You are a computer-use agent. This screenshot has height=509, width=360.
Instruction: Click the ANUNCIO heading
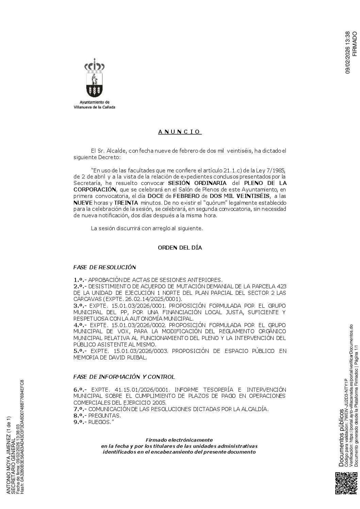180,132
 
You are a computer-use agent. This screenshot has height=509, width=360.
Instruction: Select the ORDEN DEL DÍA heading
180,248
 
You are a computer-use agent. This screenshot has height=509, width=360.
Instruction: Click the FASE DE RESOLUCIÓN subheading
104,267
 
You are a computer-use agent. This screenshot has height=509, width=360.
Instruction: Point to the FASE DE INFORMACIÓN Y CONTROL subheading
124,367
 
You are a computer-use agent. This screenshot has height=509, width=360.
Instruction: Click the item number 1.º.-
80,280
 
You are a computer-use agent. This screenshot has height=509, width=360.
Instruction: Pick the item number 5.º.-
80,351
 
